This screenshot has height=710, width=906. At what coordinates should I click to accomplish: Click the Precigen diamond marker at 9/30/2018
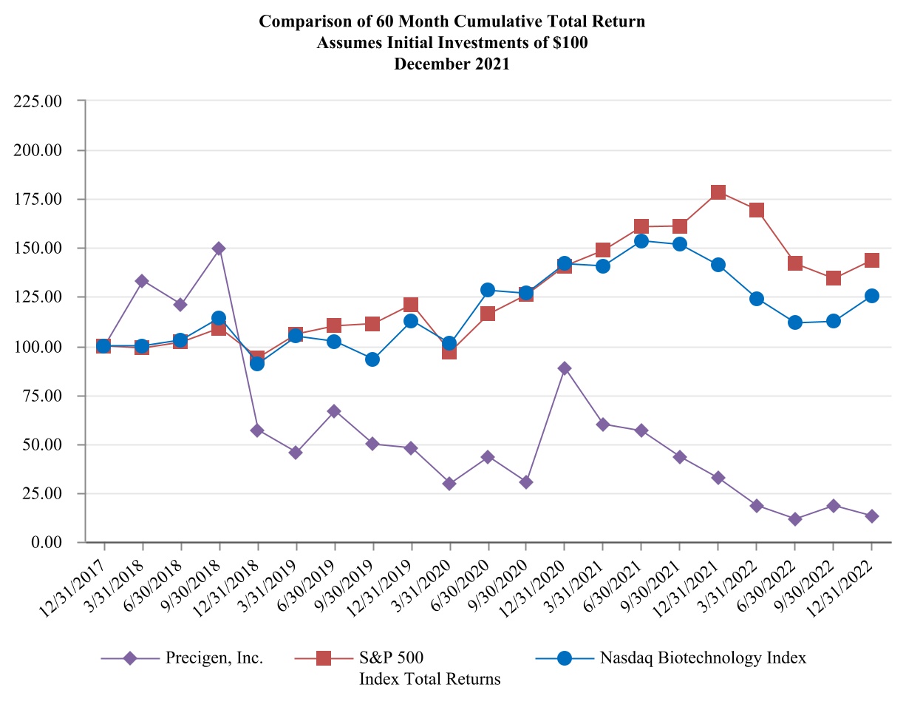[x=219, y=248]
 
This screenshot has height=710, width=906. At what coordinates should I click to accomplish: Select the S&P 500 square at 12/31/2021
[x=718, y=192]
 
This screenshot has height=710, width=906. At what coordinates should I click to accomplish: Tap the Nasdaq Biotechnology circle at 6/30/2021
[x=641, y=241]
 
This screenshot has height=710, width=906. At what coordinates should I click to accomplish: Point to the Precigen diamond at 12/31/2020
[x=565, y=368]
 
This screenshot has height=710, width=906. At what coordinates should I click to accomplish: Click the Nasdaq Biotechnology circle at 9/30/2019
[x=372, y=359]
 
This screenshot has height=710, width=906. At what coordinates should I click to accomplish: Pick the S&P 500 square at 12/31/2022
[x=872, y=260]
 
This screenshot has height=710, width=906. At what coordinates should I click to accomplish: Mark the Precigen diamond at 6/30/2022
[x=795, y=519]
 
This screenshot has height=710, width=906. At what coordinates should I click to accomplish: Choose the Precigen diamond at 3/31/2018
[x=142, y=281]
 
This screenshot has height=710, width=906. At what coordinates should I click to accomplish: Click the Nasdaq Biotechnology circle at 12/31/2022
[x=872, y=296]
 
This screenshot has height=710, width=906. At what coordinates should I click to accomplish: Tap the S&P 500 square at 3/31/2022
[x=757, y=210]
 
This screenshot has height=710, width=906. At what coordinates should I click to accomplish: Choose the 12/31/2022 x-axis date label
[x=848, y=578]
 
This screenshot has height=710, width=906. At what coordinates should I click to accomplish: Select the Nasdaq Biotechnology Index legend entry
[x=703, y=657]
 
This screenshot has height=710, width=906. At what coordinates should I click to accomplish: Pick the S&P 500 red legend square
[x=324, y=657]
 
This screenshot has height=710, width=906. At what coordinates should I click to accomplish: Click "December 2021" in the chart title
[x=452, y=64]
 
